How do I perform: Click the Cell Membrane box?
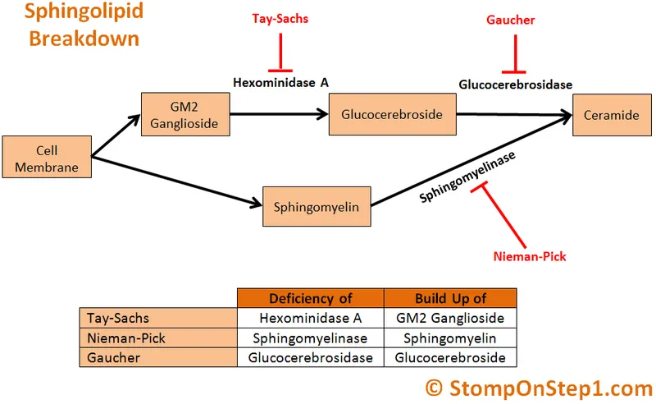tap(46, 159)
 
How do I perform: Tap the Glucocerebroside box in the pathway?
tap(391, 115)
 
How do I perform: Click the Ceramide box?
tap(611, 115)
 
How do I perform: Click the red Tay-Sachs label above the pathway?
tap(280, 18)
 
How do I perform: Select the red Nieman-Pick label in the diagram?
tap(530, 256)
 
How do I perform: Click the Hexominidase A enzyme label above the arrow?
tap(281, 82)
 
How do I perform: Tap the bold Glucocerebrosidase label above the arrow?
tap(515, 84)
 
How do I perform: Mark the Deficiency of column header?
tap(310, 298)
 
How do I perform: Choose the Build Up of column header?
tap(450, 298)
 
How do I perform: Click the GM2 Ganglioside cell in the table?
tap(450, 318)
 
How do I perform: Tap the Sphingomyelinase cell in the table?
tap(310, 337)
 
